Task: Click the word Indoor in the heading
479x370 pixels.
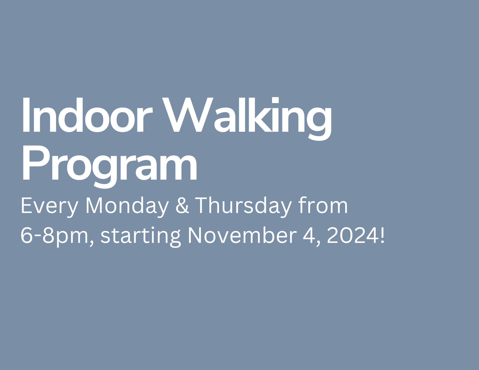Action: tap(87, 115)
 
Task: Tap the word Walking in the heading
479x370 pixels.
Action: tap(247, 119)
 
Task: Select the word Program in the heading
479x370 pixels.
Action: tap(109, 167)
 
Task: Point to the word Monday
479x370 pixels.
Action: tap(127, 207)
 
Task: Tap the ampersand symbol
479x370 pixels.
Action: tap(182, 205)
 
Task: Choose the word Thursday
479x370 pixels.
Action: tap(243, 207)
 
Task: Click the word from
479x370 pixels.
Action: tap(323, 205)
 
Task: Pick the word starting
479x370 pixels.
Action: tap(141, 237)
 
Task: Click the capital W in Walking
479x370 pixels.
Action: tap(188, 115)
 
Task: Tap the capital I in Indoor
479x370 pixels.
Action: tap(26, 115)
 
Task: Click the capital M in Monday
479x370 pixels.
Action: tap(94, 205)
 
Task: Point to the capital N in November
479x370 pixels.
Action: tap(195, 235)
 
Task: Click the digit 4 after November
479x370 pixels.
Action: tap(308, 235)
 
